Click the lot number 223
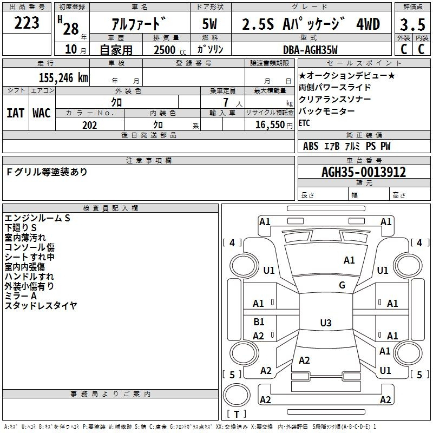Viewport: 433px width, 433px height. [x=27, y=23]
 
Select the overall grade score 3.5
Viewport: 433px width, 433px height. [x=412, y=24]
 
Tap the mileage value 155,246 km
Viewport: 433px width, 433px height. [x=63, y=77]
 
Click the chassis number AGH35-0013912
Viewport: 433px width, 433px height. [x=364, y=172]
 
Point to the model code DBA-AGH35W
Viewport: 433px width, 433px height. [x=310, y=50]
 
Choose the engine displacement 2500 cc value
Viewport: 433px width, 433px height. [x=170, y=50]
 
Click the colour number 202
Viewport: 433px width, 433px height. [x=89, y=125]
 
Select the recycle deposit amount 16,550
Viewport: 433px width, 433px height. [x=270, y=125]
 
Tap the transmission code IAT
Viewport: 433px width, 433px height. [x=15, y=113]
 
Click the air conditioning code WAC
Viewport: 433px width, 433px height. [x=42, y=113]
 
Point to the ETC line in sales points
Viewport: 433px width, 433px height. [x=304, y=123]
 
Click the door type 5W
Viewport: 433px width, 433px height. [x=209, y=24]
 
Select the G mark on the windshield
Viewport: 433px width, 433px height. [x=342, y=285]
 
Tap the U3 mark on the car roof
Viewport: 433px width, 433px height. [x=326, y=323]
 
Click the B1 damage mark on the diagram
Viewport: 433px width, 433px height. [x=259, y=322]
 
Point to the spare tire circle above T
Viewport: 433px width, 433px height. [x=237, y=396]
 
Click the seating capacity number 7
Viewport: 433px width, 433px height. [x=226, y=102]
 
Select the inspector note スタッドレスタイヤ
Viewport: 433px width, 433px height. [x=41, y=305]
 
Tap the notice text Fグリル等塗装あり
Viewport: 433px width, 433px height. [x=47, y=172]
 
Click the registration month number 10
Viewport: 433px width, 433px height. [x=71, y=49]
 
